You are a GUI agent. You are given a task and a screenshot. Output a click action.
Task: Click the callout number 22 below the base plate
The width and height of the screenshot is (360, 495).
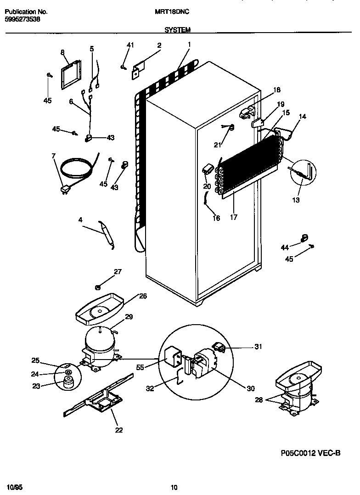[119, 430]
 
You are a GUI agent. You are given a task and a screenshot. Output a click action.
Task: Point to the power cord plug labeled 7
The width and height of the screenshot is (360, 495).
[64, 188]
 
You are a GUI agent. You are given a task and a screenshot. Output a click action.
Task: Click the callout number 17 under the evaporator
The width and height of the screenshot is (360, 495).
[234, 218]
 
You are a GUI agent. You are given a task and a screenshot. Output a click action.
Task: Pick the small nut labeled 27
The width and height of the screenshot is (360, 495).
[98, 287]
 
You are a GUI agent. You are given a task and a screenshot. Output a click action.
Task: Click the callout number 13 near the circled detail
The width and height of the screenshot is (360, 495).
[296, 200]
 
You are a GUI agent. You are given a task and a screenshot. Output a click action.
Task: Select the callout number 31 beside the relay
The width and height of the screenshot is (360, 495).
[258, 347]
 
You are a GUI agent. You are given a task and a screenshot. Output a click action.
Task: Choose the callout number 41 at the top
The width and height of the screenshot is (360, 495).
[130, 45]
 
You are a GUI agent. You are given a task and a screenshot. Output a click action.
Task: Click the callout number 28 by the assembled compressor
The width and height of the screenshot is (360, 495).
[259, 400]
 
